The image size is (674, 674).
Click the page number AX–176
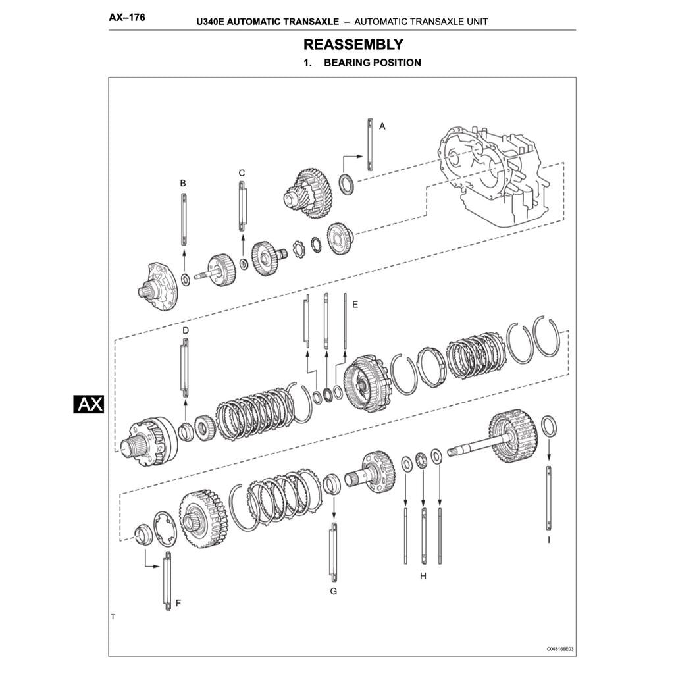point(127,18)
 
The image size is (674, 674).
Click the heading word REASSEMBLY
point(353,45)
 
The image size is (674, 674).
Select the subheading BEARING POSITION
point(372,63)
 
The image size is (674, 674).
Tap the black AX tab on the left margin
point(88,403)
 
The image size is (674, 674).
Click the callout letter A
point(382,125)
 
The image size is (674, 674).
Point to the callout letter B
point(183,182)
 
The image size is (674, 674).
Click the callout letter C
point(242,172)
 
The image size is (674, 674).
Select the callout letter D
point(185,329)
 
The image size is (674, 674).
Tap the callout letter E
point(355,304)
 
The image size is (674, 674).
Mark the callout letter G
point(333,591)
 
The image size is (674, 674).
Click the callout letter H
point(423,576)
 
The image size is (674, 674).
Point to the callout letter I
point(548,539)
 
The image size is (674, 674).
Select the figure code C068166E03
point(559,648)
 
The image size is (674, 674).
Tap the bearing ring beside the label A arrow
point(346,184)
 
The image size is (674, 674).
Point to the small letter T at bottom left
point(113,617)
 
